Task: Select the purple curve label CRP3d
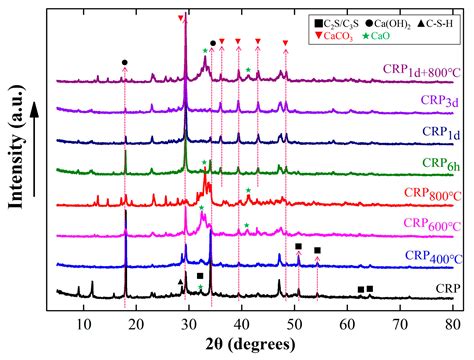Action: pos(433,101)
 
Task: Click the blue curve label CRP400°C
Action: pos(425,256)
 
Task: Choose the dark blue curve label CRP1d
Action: pos(433,131)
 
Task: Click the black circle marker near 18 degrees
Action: pos(124,62)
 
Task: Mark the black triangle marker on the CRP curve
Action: pos(180,282)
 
